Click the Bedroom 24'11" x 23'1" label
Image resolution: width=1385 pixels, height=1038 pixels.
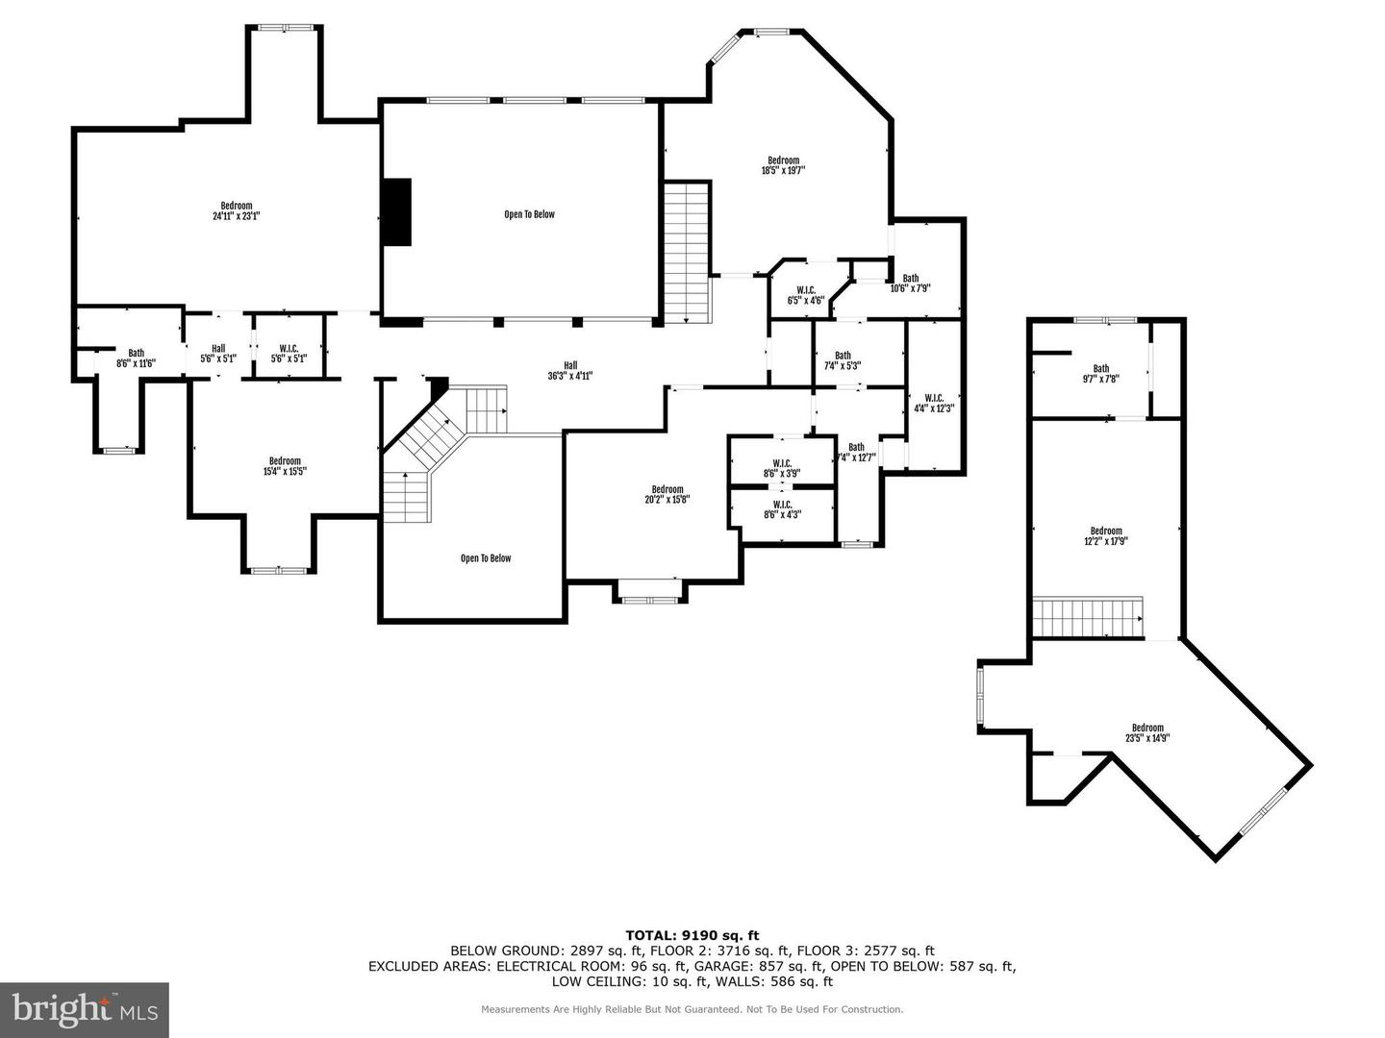click(x=237, y=210)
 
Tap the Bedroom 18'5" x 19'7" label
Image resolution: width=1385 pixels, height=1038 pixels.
click(x=783, y=165)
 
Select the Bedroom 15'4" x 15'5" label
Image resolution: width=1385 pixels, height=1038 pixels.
click(x=285, y=466)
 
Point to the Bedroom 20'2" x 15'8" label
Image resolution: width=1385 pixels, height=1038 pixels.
click(x=667, y=494)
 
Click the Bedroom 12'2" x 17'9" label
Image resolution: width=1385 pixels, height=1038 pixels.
click(x=1106, y=535)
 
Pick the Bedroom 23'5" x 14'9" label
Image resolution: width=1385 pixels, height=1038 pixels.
click(x=1147, y=732)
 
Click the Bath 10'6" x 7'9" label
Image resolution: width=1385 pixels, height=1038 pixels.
click(x=910, y=284)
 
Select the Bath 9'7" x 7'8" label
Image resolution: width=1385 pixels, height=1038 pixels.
click(x=1100, y=373)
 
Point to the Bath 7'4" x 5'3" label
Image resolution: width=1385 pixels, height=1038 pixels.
click(x=843, y=360)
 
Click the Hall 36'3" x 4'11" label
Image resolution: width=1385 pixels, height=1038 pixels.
click(x=570, y=370)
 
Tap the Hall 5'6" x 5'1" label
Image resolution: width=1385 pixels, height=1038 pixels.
click(x=218, y=354)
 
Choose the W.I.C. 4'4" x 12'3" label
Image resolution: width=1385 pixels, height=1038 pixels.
click(x=934, y=403)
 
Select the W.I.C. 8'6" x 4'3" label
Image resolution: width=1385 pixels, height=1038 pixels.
click(x=782, y=509)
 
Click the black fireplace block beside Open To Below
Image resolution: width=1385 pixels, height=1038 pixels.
click(x=396, y=212)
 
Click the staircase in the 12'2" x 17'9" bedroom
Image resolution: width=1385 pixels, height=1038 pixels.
click(x=1088, y=617)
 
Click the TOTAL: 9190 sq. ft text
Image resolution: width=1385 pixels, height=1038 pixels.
click(x=692, y=934)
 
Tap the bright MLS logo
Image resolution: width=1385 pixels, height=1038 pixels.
click(x=85, y=1010)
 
